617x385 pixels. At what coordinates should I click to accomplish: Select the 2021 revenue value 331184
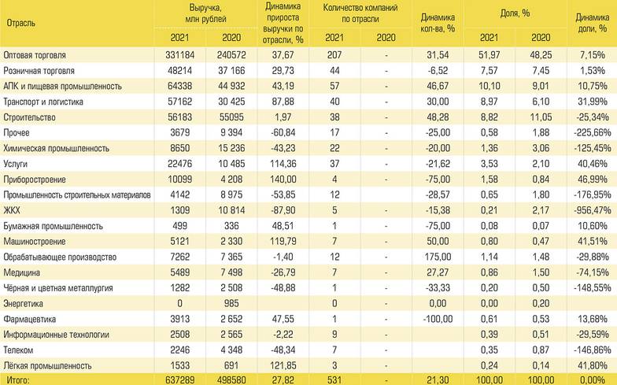180,57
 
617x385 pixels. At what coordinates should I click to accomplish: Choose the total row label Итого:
18,380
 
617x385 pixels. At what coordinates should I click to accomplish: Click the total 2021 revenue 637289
180,380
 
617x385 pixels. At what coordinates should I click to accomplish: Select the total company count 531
334,380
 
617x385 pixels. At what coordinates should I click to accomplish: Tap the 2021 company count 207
334,57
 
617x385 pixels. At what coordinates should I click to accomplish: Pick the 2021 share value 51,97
489,57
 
